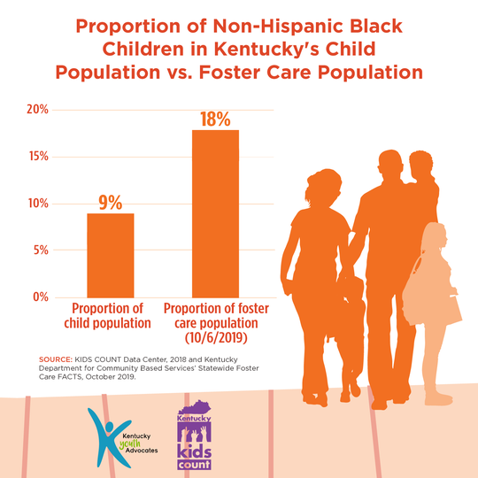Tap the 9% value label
click(x=110, y=202)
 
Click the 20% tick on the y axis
click(x=37, y=110)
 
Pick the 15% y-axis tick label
click(x=37, y=157)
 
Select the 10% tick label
click(x=37, y=204)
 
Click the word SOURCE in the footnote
click(x=56, y=359)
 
